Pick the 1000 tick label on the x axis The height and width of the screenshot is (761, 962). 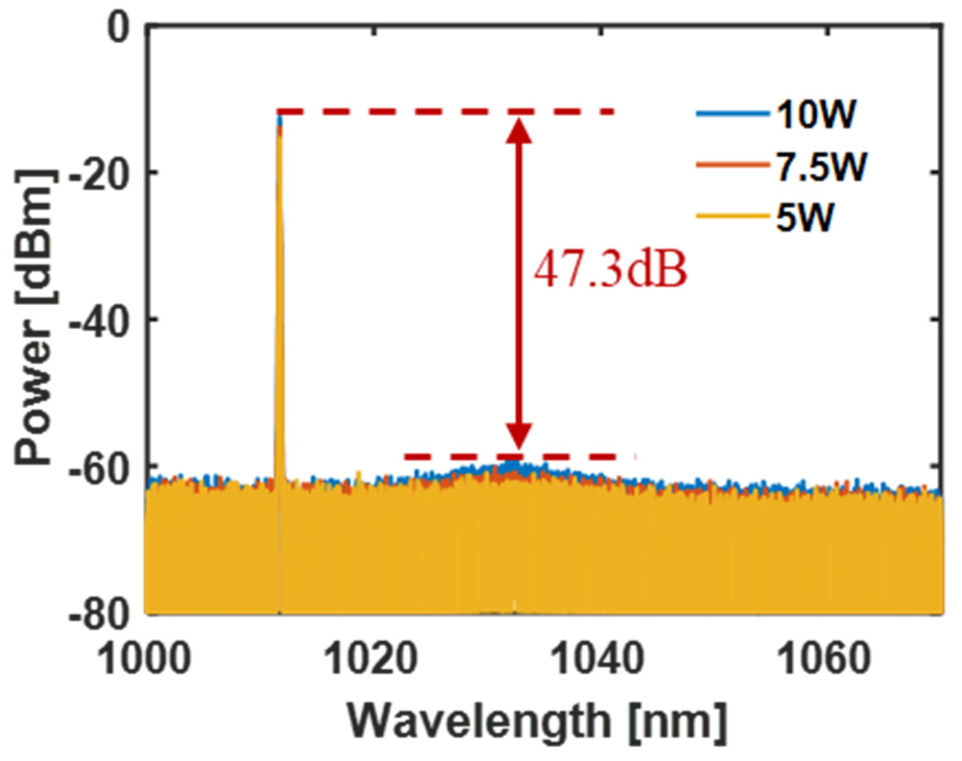[146, 659]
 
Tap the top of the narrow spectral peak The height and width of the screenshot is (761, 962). [279, 116]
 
